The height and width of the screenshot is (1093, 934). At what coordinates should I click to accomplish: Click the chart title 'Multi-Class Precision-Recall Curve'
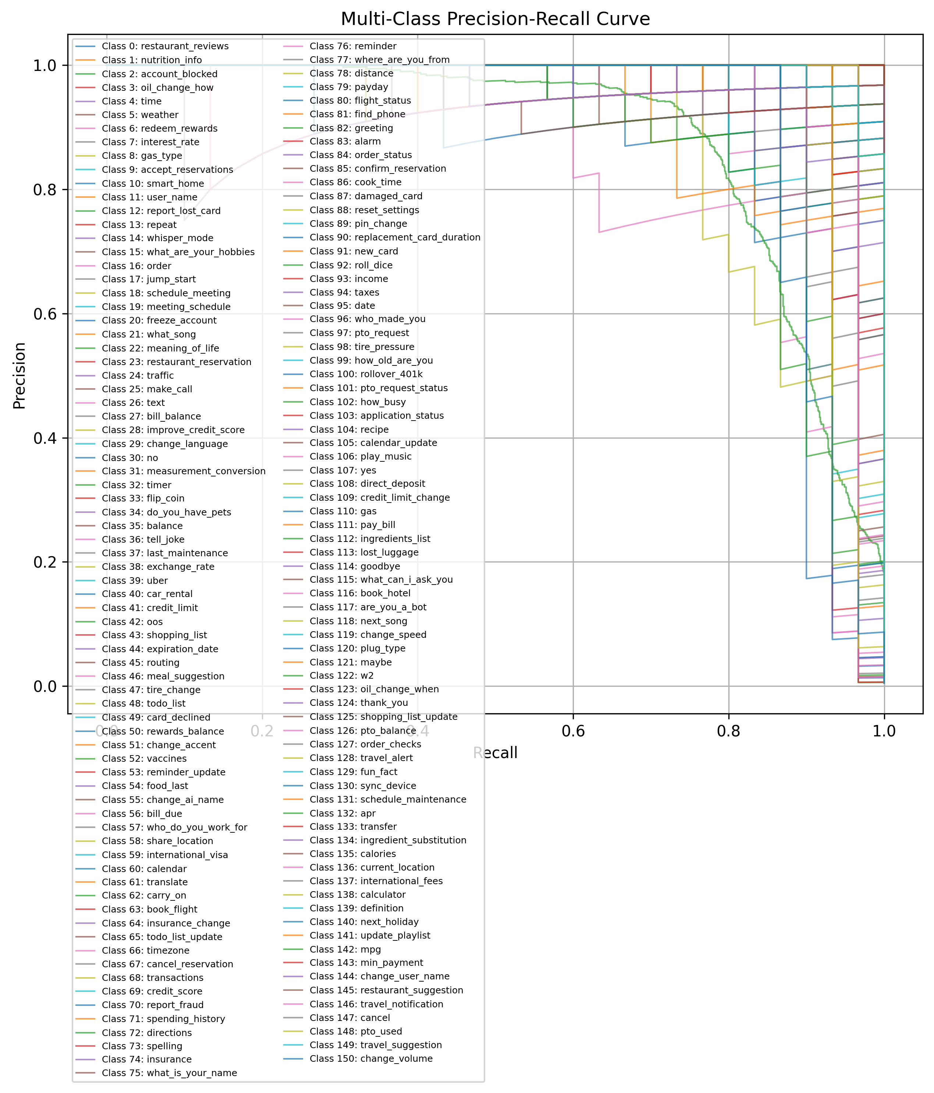495,19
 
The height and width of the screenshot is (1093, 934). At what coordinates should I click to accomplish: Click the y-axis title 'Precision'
19,376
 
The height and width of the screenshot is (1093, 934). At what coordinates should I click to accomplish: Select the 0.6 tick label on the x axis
573,731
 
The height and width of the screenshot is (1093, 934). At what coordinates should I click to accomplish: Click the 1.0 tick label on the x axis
884,731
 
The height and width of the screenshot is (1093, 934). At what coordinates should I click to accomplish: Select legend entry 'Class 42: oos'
132,622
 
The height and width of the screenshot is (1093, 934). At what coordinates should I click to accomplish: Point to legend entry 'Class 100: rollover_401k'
366,374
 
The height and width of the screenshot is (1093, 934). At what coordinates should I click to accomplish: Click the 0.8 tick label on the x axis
729,731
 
